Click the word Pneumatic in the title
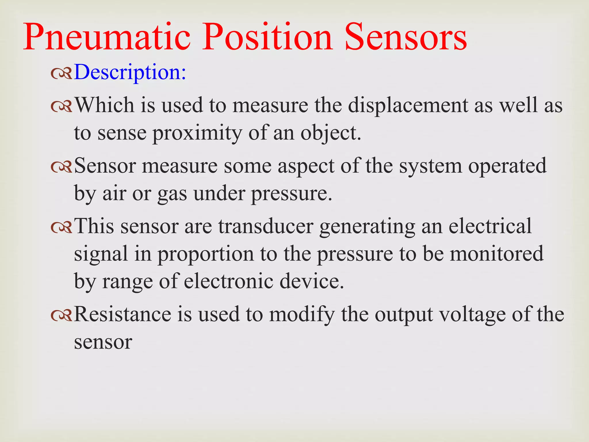(107, 37)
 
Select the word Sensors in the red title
(406, 37)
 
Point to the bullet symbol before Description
(61, 74)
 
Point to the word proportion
(206, 254)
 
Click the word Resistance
(123, 314)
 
